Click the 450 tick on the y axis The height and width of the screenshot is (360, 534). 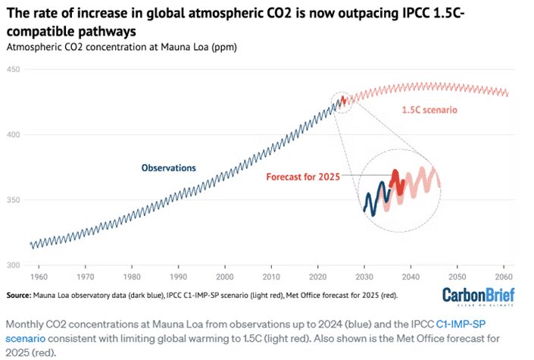(13, 70)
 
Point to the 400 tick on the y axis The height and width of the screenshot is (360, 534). (13, 135)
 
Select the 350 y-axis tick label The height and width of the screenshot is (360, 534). (13, 200)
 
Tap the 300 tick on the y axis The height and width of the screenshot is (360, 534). (13, 265)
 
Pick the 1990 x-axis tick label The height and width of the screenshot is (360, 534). (178, 277)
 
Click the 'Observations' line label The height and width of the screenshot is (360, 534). (168, 167)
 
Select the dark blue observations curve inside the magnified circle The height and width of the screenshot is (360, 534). (373, 199)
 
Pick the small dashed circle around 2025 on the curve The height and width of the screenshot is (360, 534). (342, 100)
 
